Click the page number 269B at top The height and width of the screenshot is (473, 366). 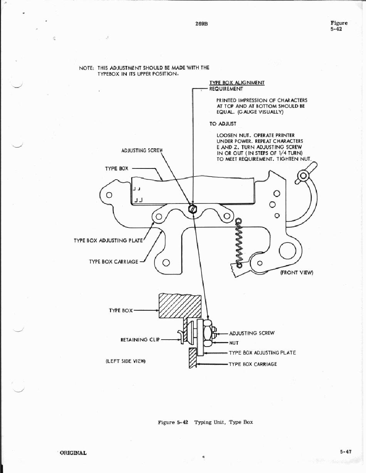[x=201, y=24]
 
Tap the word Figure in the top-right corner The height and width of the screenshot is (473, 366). [x=339, y=23]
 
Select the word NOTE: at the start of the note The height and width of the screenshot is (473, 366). [x=87, y=68]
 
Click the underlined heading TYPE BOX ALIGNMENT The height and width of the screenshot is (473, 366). [x=237, y=82]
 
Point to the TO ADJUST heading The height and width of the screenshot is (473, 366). [x=223, y=124]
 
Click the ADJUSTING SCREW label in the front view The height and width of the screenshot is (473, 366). [x=142, y=150]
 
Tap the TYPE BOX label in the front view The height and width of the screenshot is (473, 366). [x=116, y=168]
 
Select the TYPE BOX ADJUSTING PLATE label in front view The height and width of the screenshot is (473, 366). [x=108, y=241]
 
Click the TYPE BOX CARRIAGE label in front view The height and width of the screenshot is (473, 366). [x=113, y=262]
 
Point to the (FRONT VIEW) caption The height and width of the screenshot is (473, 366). [x=296, y=273]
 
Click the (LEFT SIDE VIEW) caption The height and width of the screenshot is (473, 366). [x=126, y=361]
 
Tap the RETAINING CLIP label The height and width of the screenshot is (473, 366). [x=139, y=340]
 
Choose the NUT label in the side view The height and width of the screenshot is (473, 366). [x=234, y=343]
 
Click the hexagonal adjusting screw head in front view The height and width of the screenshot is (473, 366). [x=193, y=209]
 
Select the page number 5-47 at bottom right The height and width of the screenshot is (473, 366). [x=346, y=452]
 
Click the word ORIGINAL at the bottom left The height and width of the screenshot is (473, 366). [x=73, y=453]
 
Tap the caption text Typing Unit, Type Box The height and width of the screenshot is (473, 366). [x=223, y=422]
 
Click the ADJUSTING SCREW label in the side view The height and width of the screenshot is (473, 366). [x=252, y=333]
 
